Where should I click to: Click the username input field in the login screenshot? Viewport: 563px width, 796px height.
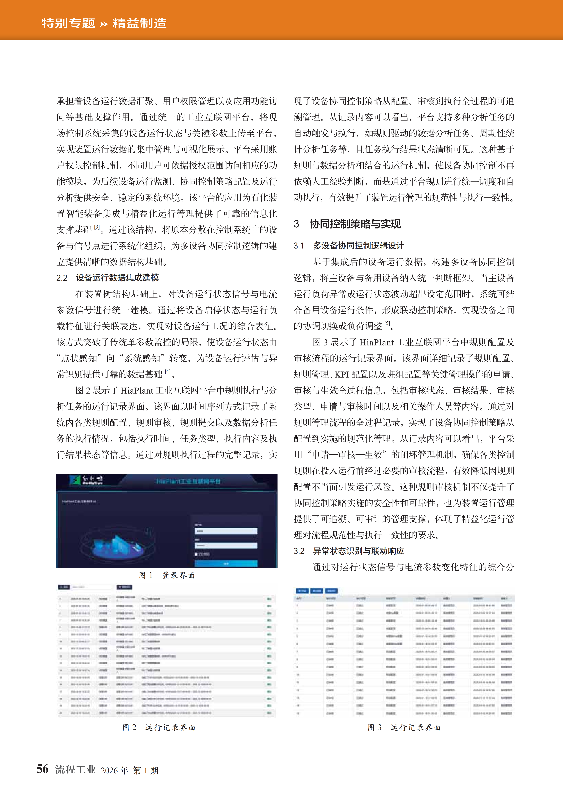[226, 531]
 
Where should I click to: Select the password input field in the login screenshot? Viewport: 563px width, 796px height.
[226, 545]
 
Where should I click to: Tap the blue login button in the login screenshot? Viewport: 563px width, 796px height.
[226, 563]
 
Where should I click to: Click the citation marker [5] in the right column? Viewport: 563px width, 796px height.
[387, 324]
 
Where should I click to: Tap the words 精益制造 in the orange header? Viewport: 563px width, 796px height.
[139, 23]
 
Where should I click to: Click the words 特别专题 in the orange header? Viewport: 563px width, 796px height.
[68, 23]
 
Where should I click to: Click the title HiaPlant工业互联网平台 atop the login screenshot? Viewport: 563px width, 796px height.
[188, 481]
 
